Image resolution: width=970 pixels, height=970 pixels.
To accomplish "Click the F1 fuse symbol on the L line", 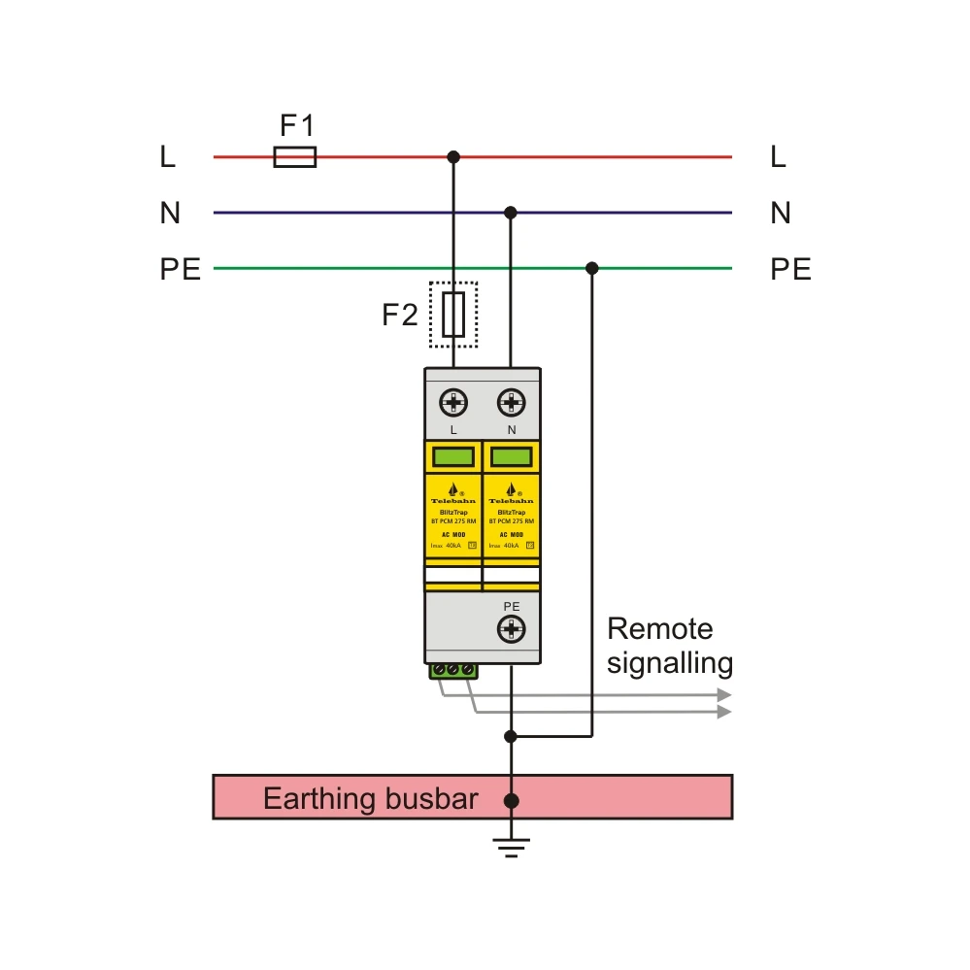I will (294, 156).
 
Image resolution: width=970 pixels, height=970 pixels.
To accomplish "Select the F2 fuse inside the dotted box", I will (453, 315).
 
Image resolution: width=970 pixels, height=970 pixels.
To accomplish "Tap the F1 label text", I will (297, 125).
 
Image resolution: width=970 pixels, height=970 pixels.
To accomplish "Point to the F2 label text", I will (399, 315).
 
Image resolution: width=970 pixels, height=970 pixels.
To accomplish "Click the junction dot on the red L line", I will (452, 156).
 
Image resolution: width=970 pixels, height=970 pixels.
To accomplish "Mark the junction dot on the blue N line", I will (511, 213).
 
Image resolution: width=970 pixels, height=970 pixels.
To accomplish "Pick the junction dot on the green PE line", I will (592, 268).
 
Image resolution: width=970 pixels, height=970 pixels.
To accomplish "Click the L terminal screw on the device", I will (453, 402).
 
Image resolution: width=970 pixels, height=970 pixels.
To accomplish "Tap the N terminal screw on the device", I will (511, 402).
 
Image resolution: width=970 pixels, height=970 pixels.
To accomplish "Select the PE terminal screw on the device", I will (511, 631).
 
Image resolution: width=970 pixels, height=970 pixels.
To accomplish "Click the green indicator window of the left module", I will (452, 456).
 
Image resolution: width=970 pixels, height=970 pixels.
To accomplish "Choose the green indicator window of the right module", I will (511, 456).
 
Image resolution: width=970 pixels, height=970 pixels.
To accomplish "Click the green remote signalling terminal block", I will (453, 671).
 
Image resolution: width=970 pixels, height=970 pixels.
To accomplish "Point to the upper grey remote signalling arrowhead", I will (723, 695).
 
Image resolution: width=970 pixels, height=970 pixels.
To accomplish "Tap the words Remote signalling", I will (669, 646).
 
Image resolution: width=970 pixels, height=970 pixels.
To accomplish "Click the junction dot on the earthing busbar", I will (511, 800).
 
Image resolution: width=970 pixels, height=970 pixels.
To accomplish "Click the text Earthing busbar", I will (371, 799).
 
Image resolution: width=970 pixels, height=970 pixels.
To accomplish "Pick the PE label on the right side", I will (790, 269).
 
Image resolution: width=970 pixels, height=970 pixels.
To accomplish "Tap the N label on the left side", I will (171, 214).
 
